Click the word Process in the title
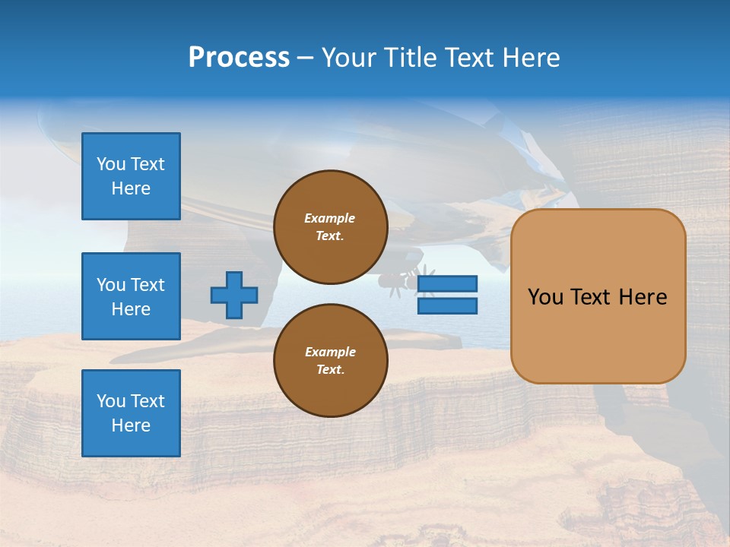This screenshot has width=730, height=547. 239,58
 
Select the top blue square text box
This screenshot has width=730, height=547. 131,176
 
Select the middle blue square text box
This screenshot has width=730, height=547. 131,296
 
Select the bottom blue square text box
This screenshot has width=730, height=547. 131,413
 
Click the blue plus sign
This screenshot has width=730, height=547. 234,295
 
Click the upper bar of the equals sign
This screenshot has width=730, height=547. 448,284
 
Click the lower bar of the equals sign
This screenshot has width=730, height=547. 448,306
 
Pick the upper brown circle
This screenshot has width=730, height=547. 331,227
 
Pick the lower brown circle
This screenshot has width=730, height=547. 331,361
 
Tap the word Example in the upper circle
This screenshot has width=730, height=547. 330,218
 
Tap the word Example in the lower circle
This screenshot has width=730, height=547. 330,352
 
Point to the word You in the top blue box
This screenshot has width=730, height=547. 110,164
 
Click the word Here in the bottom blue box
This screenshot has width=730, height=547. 131,425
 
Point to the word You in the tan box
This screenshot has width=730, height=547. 545,297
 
